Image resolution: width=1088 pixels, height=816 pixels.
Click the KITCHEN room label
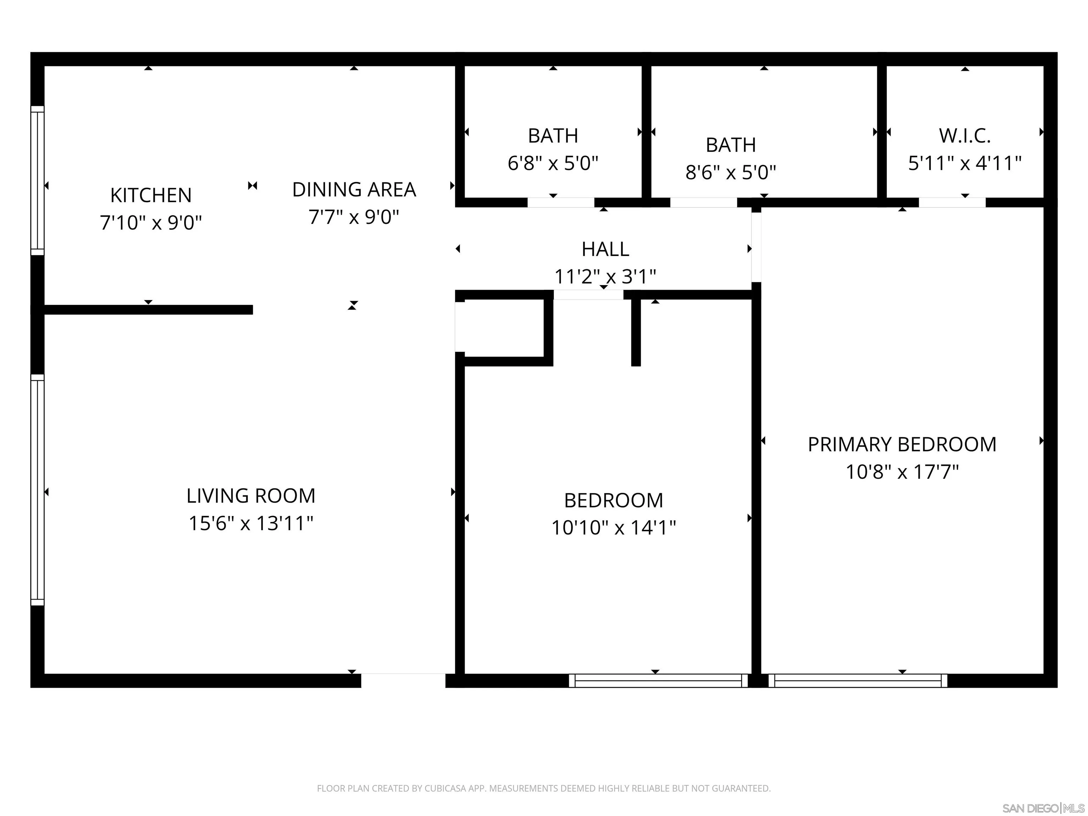[151, 195]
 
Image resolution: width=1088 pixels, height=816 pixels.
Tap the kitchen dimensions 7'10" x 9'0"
[151, 223]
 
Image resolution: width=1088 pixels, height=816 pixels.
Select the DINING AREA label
[354, 189]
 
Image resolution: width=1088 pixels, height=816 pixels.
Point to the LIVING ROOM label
[250, 496]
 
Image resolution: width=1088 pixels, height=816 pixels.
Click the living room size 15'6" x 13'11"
[250, 523]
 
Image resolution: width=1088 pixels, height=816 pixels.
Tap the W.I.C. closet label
[964, 136]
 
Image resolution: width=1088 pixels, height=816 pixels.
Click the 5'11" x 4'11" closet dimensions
[964, 163]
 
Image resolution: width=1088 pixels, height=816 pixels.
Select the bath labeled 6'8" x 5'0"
[552, 163]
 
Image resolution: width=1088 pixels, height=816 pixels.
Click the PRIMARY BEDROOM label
[902, 444]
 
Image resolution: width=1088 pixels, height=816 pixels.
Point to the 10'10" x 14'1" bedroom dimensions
[613, 528]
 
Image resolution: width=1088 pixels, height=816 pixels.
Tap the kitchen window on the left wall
[38, 181]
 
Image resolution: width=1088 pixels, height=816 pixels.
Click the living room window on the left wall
[38, 490]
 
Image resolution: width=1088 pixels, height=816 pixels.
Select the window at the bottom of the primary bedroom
[857, 681]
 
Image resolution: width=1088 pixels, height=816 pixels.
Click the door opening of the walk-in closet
[952, 203]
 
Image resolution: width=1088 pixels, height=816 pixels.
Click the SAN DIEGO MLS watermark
[1043, 808]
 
